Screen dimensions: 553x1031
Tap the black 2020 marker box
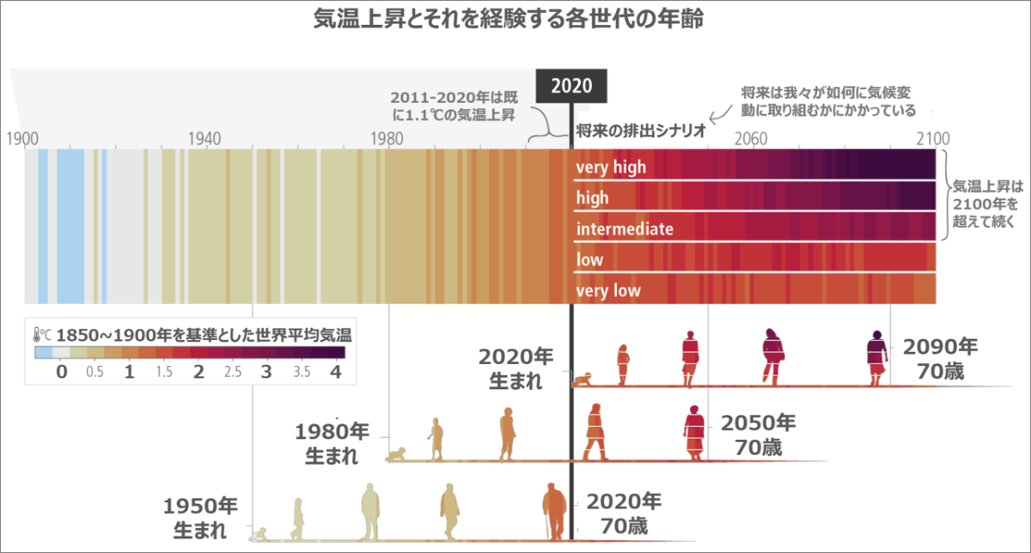click(571, 85)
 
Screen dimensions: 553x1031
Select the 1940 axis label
click(204, 137)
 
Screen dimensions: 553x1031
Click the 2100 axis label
click(932, 137)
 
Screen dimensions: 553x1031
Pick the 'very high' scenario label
click(610, 167)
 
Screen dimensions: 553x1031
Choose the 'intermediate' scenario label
click(625, 229)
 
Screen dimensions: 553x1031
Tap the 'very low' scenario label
click(608, 291)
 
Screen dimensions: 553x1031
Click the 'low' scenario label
click(589, 260)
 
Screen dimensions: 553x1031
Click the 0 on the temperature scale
click(61, 373)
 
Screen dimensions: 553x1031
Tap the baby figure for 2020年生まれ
click(585, 379)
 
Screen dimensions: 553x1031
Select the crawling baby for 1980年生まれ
click(396, 456)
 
